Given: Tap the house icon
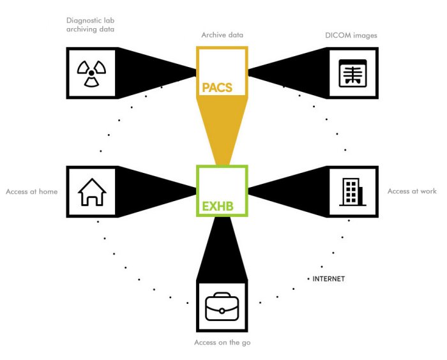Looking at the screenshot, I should [x=91, y=191].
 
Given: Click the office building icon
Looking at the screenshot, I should [x=352, y=191].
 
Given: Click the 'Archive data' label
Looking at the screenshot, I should [x=222, y=35].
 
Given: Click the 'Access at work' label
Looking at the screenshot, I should [x=412, y=191].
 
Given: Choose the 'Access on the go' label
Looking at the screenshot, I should [x=222, y=343].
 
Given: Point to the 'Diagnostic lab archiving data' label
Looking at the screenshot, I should [x=92, y=24].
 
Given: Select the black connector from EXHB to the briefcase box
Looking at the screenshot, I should [x=221, y=246].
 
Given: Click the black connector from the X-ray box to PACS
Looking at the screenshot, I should [x=291, y=70].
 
